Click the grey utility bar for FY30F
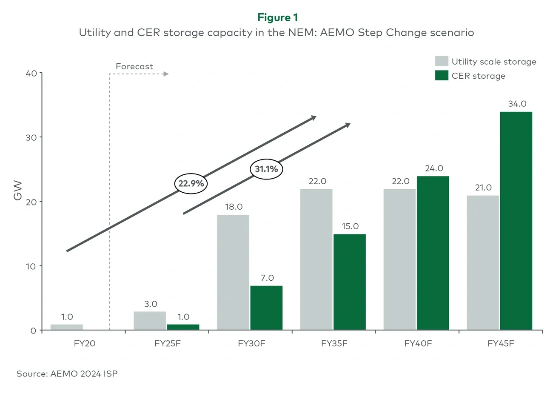[x=233, y=272]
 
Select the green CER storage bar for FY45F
[x=516, y=221]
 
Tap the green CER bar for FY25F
[x=183, y=327]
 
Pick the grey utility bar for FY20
[x=67, y=327]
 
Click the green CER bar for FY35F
[x=350, y=282]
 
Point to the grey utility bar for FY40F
[x=400, y=259]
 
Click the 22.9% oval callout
[x=191, y=184]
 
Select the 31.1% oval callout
[x=266, y=169]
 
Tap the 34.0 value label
[x=517, y=104]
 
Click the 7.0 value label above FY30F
[x=267, y=278]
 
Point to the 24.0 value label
[x=434, y=168]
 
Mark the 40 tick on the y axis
[x=31, y=73]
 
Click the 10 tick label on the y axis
[x=31, y=266]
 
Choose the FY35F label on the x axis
[x=334, y=343]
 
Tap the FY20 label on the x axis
[x=84, y=343]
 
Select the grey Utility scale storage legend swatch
[x=442, y=61]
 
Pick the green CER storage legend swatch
[x=442, y=76]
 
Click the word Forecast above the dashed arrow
[x=134, y=66]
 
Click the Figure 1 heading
[x=277, y=17]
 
